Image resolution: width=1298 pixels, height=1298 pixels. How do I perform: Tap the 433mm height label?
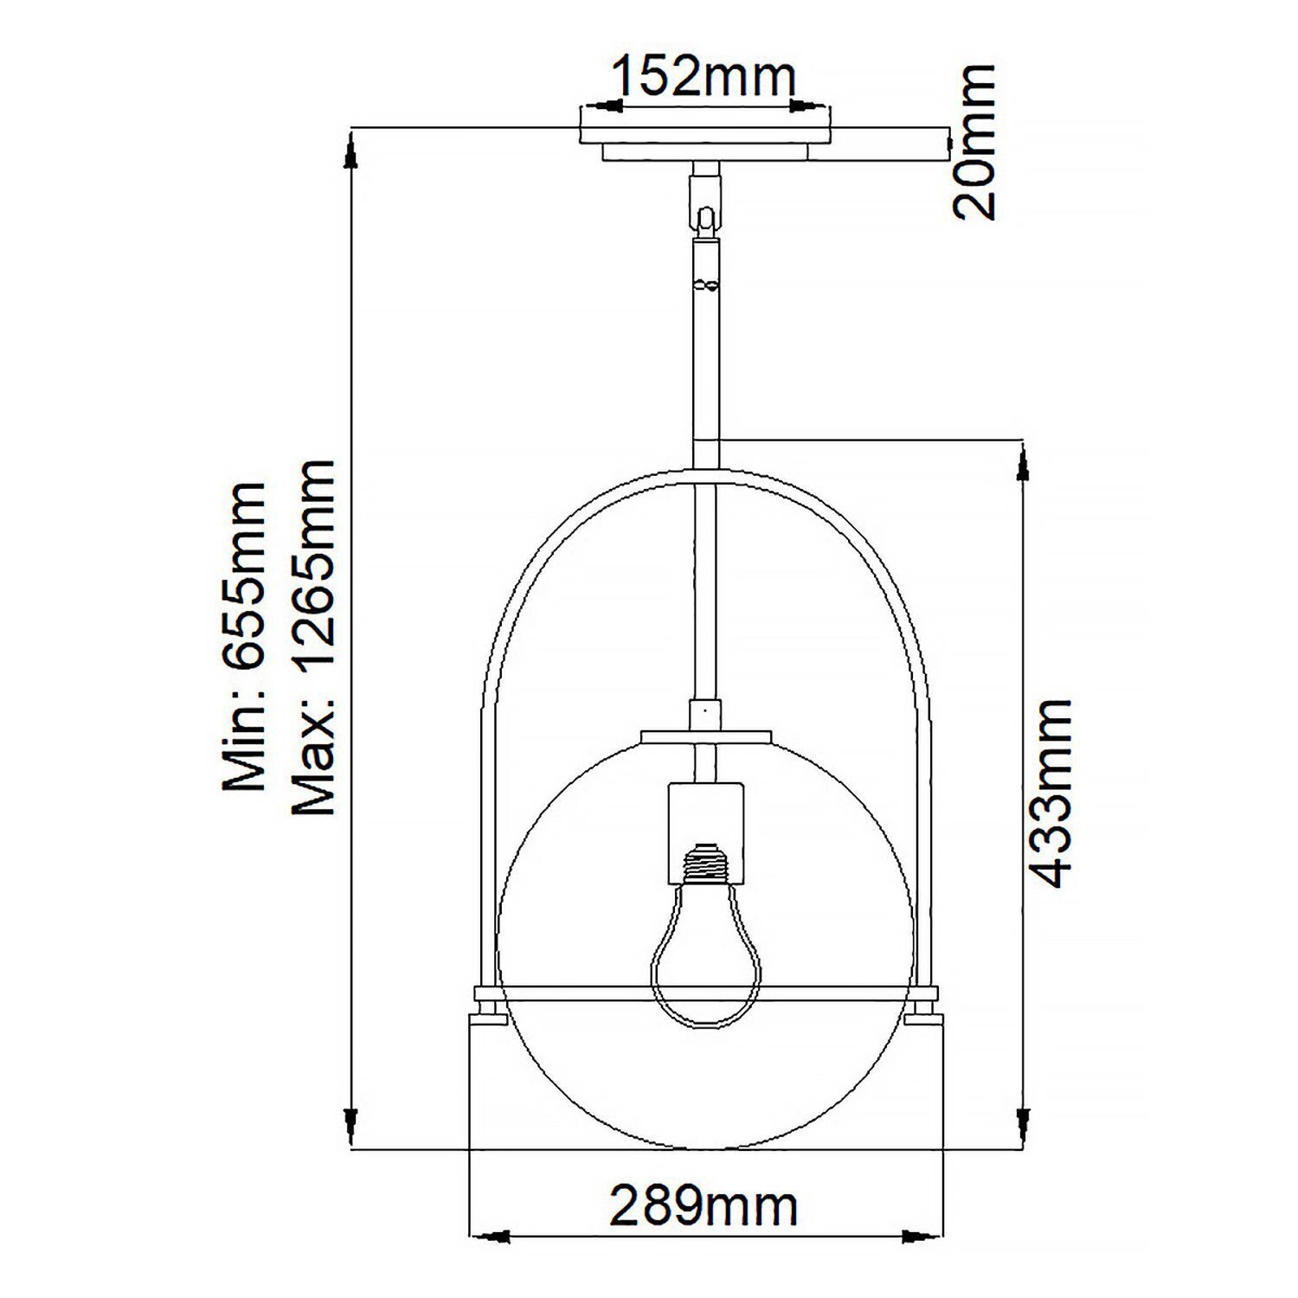click(x=1053, y=794)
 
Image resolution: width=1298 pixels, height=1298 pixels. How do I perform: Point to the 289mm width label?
click(x=704, y=1205)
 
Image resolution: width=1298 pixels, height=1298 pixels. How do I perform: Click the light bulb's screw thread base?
click(x=705, y=864)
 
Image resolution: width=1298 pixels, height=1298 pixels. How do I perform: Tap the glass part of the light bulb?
click(x=705, y=961)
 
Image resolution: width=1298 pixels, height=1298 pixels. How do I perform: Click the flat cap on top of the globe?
click(x=705, y=736)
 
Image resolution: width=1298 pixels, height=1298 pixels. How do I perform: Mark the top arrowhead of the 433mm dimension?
click(x=1025, y=462)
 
